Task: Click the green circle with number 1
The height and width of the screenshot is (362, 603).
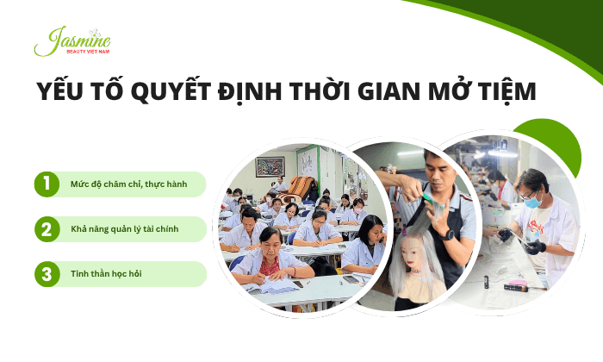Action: pos(46,184)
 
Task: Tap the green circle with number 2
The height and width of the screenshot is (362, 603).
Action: pos(46,229)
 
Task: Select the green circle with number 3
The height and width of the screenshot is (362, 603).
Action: pos(46,274)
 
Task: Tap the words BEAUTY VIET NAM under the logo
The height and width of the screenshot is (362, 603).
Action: pos(89,52)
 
